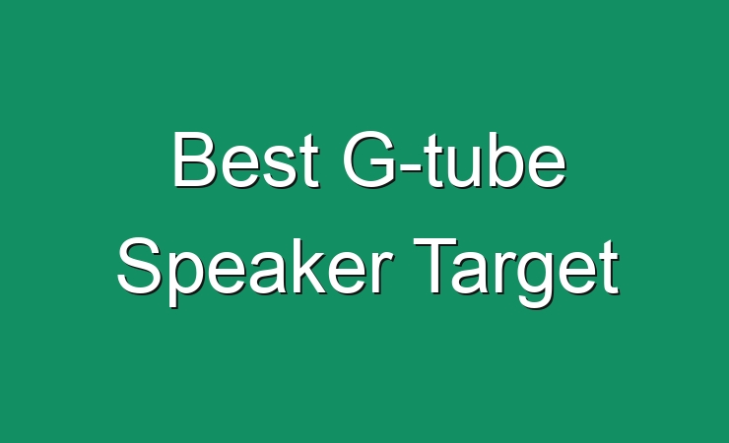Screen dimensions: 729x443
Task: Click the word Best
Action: (x=246, y=159)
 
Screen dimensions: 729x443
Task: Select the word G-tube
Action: (x=454, y=159)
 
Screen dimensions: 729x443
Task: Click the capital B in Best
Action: (x=194, y=159)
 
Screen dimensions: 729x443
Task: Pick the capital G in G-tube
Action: (x=369, y=159)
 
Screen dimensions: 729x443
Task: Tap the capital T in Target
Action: (x=436, y=266)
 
